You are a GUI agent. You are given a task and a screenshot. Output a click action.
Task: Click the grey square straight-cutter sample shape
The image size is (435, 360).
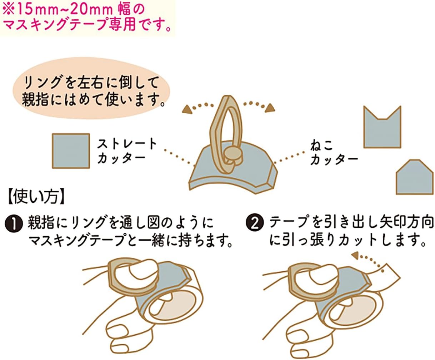(71, 151)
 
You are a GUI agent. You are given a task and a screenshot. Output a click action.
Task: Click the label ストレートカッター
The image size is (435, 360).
(127, 151)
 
